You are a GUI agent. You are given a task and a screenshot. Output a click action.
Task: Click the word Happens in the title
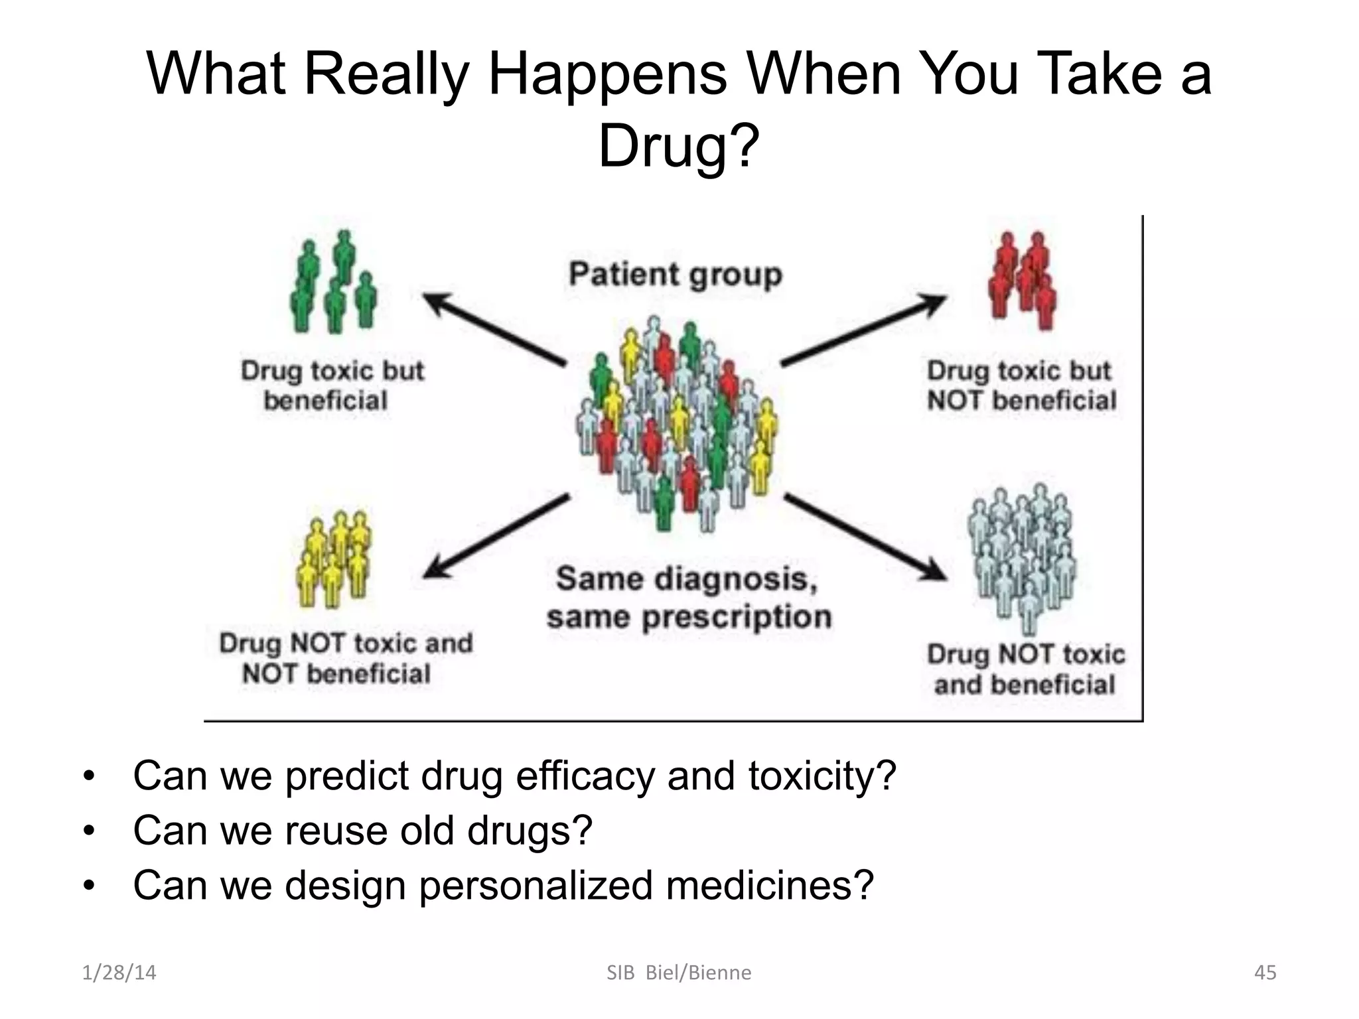[607, 74]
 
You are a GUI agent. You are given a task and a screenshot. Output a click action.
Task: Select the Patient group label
[676, 275]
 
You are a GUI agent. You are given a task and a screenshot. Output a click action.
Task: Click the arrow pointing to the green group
[494, 329]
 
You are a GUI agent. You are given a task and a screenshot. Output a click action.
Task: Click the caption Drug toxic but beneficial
[332, 385]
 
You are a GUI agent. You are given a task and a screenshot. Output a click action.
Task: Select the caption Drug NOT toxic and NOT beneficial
[345, 658]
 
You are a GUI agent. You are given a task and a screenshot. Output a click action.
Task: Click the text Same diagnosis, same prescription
[688, 598]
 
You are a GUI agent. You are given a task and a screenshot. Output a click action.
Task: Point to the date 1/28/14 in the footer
[119, 973]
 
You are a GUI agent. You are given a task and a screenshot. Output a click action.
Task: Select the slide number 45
[1265, 973]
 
